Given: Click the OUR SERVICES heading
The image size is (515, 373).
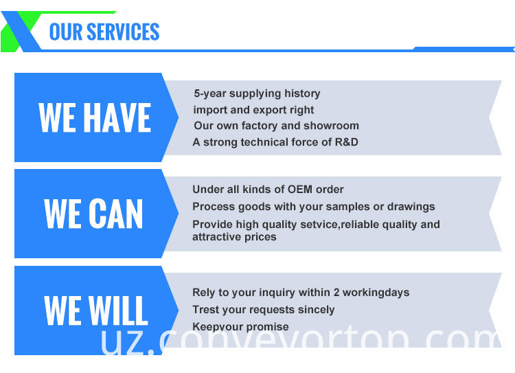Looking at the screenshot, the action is (x=104, y=32).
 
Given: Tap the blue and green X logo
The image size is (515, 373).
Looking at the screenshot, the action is (x=21, y=32).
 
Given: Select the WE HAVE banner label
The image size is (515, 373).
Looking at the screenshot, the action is (x=95, y=117).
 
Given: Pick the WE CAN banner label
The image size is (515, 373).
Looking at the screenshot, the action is (x=93, y=214).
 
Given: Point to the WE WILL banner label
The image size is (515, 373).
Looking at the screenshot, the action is (x=95, y=310).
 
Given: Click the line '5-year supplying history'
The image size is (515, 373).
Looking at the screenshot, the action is (x=257, y=94).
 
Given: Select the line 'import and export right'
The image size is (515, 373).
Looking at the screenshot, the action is (x=253, y=110).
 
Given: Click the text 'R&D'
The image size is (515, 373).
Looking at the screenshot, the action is (x=346, y=142).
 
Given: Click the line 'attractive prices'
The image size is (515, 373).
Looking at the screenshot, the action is (x=234, y=237).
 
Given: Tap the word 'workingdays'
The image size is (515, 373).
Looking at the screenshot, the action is (x=376, y=293).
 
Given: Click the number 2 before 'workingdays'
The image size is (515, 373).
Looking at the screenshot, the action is (x=336, y=293).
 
